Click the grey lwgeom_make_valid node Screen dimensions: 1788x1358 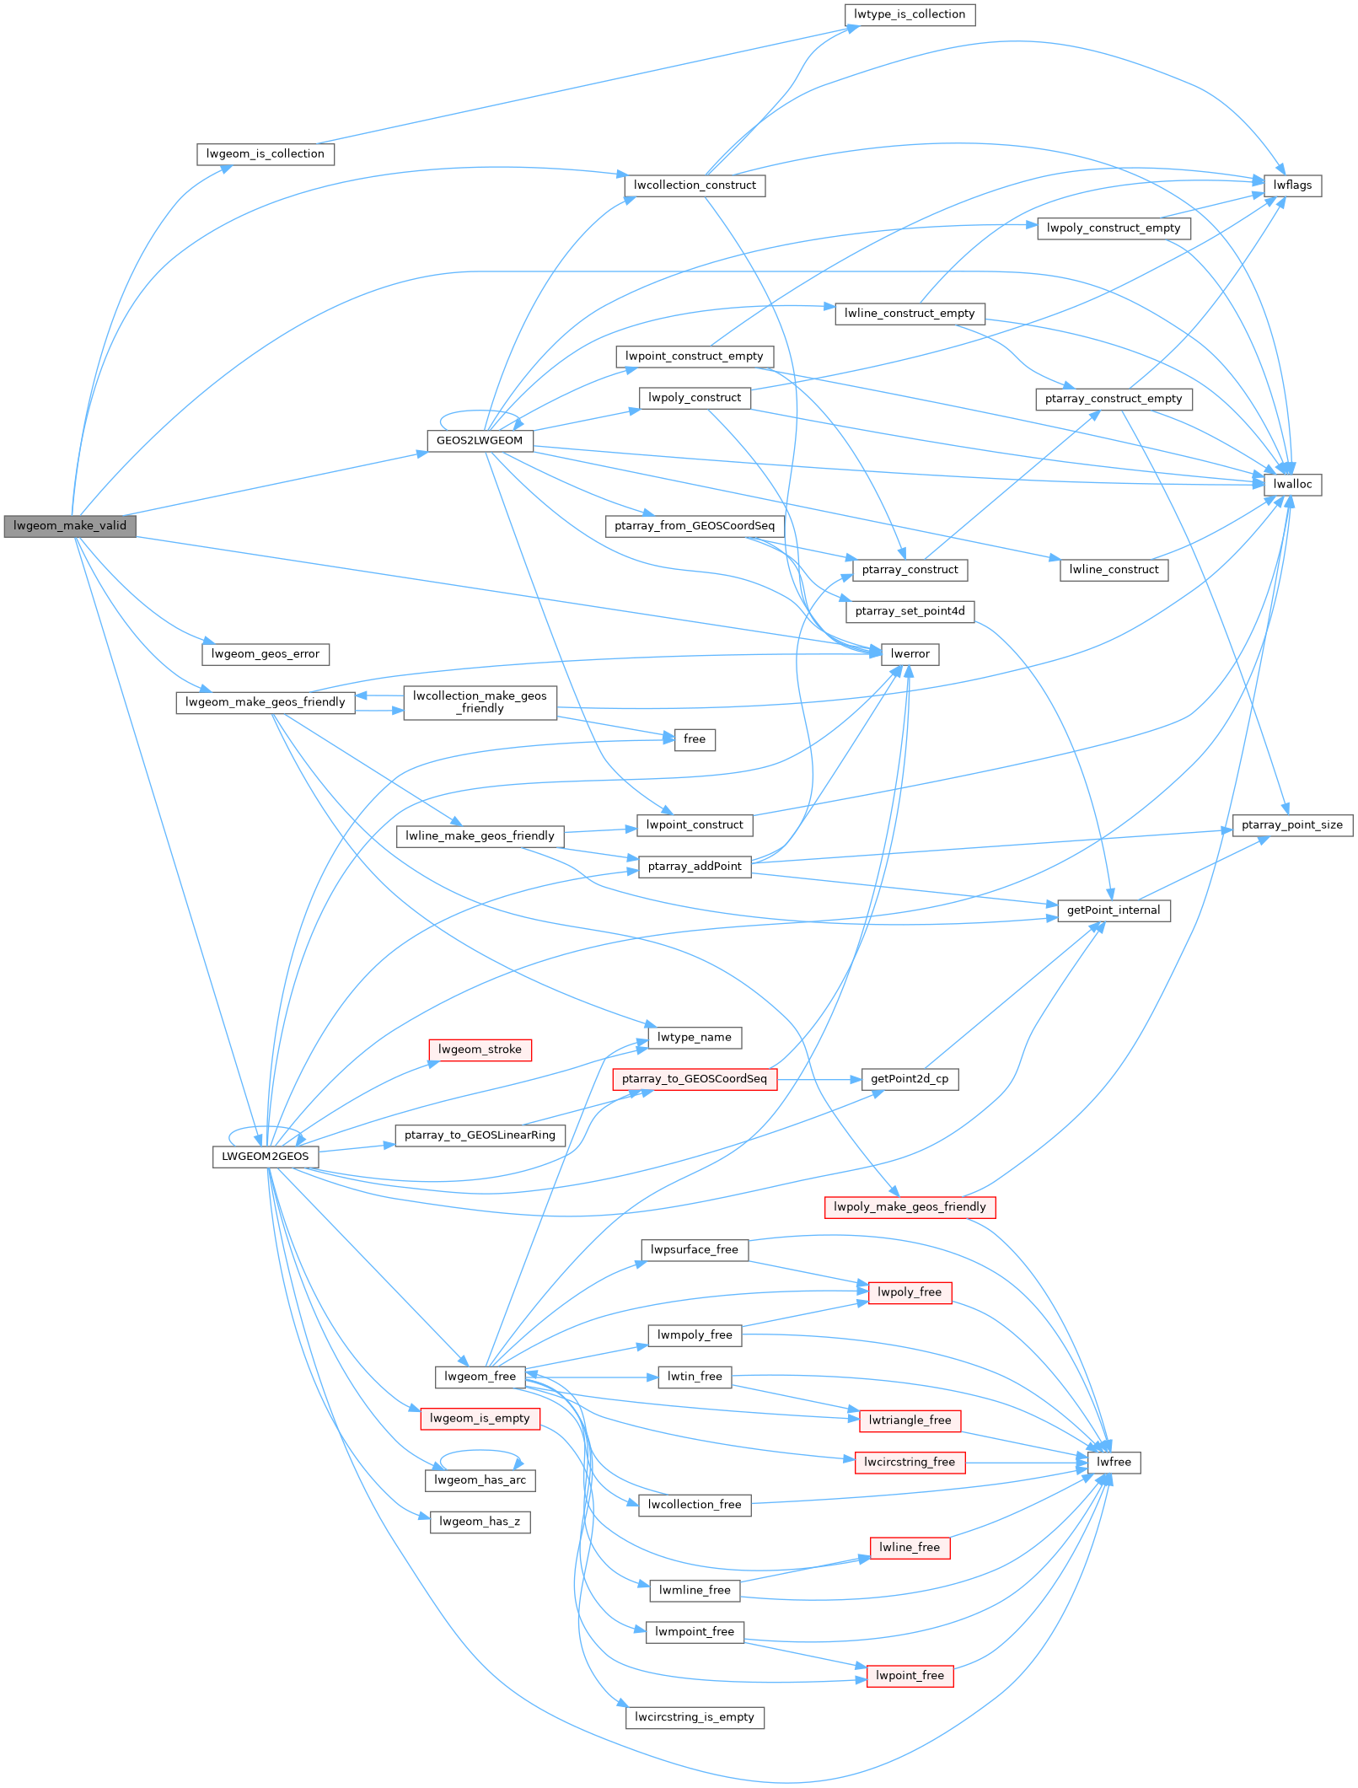pos(70,526)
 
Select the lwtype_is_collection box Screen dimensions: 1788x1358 pos(909,14)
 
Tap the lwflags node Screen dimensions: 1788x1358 pos(1292,185)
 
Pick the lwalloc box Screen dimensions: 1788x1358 pos(1292,485)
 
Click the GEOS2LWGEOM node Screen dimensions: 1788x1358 pos(479,441)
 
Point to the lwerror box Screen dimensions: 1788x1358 pos(910,654)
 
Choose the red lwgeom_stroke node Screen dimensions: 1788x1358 pos(480,1050)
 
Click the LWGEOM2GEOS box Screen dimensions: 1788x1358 pos(266,1157)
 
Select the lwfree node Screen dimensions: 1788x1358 pos(1114,1463)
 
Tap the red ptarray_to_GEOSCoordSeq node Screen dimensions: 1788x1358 pos(695,1079)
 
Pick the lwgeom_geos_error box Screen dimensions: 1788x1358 pos(266,654)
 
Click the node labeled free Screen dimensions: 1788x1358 pos(695,739)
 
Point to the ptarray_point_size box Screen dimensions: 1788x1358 pos(1291,824)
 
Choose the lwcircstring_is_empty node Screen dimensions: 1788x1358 pos(695,1717)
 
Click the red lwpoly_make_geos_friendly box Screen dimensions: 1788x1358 pos(910,1207)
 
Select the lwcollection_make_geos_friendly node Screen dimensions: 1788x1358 pos(480,702)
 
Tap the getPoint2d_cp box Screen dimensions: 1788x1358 pos(910,1079)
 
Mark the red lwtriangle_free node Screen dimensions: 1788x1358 pos(910,1420)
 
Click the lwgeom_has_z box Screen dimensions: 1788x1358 pos(480,1522)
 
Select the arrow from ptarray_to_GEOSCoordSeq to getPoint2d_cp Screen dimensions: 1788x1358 pos(818,1079)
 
